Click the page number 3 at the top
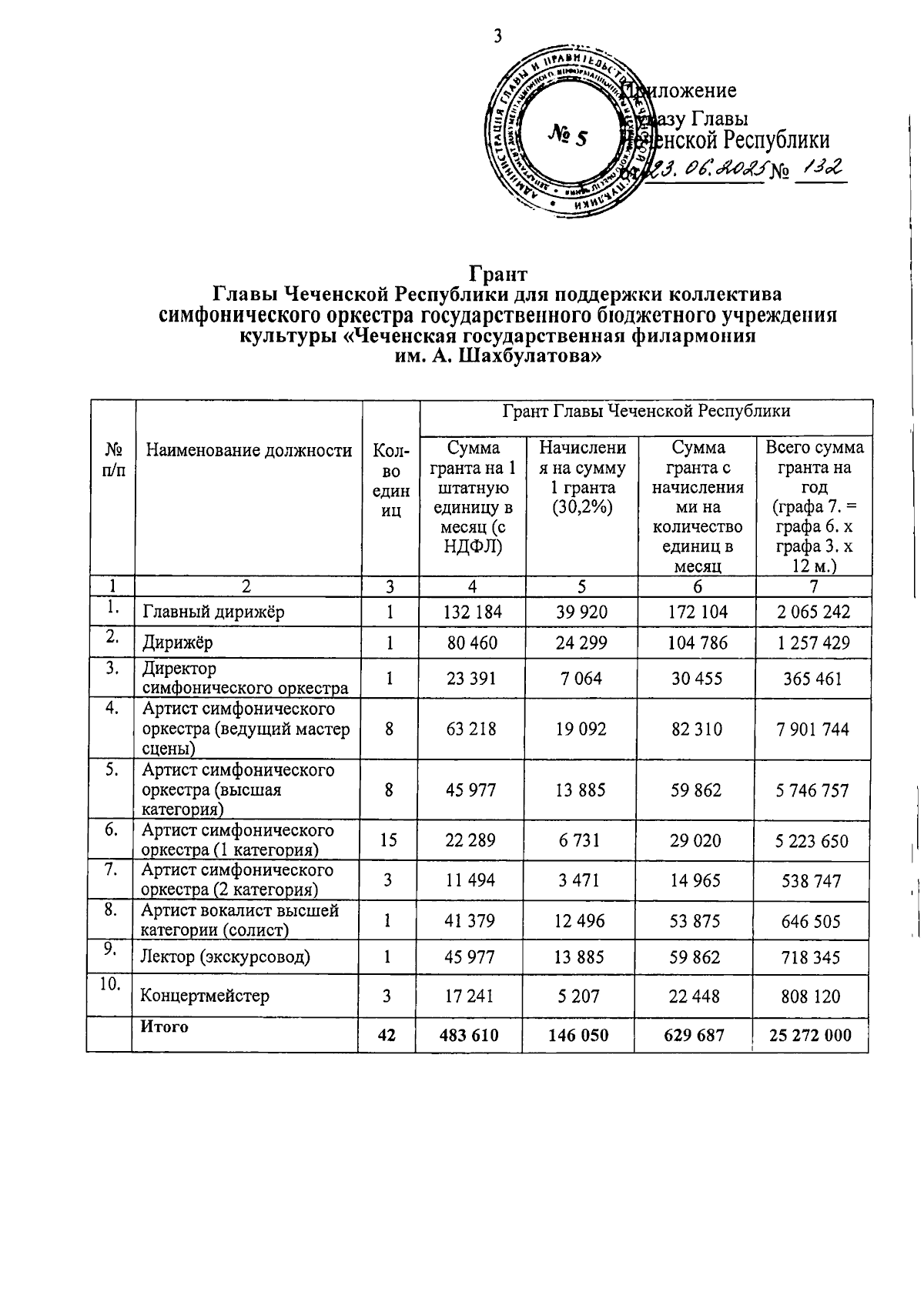click(x=498, y=36)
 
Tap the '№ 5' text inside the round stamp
click(x=568, y=136)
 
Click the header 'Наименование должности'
click(x=249, y=451)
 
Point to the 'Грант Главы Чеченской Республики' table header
click(x=646, y=411)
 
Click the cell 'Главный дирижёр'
click(x=213, y=612)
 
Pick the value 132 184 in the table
click(x=473, y=612)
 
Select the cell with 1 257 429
click(x=813, y=642)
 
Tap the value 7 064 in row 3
click(x=581, y=679)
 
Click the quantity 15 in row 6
click(x=389, y=840)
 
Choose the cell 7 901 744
click(x=813, y=729)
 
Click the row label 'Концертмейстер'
click(x=204, y=996)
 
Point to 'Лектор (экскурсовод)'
click(x=225, y=957)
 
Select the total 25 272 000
click(x=810, y=1035)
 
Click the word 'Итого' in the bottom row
click(x=163, y=1027)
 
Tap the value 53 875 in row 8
click(x=695, y=921)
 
